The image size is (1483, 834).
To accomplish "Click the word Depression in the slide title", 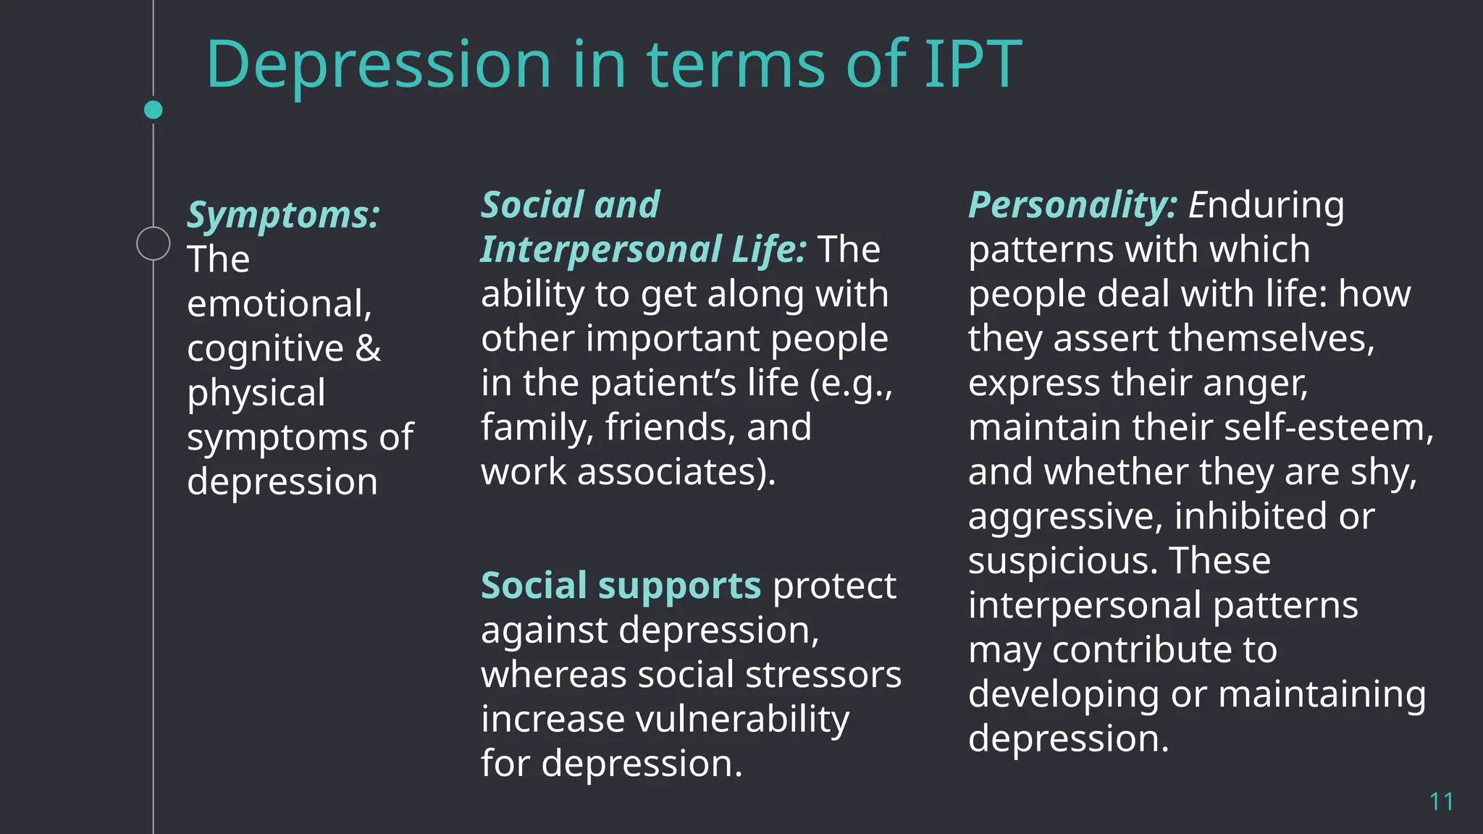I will [379, 65].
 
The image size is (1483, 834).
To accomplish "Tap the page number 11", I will [1441, 801].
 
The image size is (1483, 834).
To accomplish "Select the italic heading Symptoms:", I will [283, 215].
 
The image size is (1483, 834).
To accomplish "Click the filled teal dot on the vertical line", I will [154, 110].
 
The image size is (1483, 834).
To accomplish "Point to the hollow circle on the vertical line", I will [154, 243].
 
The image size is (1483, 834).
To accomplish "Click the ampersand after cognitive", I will [368, 348].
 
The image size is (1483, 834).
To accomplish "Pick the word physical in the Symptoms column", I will [256, 393].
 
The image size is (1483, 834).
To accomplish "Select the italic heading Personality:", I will [1072, 205].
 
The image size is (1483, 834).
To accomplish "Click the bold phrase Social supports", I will [621, 585].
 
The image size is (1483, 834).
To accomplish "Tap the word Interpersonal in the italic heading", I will [601, 250].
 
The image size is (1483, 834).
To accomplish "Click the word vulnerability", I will [742, 719].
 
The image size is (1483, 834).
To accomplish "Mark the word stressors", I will [823, 675].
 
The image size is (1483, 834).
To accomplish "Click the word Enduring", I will [1266, 205].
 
